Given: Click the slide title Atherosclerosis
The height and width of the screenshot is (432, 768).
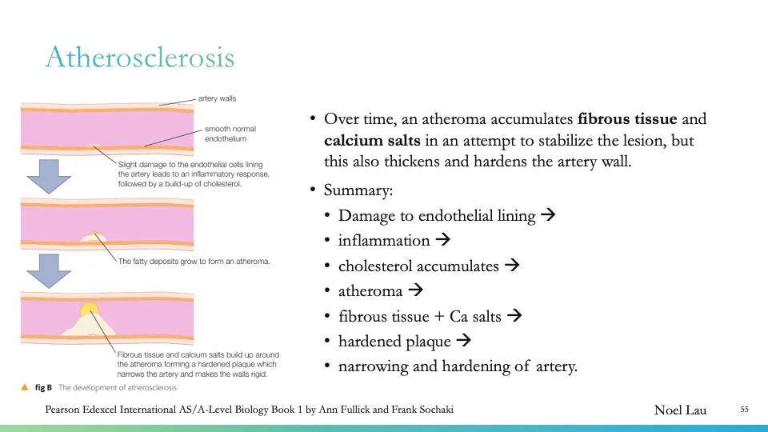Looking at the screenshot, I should pos(140,58).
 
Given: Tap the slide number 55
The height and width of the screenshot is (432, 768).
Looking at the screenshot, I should pos(744,410).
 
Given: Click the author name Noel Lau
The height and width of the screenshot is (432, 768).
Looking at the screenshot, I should pos(680,410).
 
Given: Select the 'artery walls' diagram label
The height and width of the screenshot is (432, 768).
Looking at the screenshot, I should pos(217,99).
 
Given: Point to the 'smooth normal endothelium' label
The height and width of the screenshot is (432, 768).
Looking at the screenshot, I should pos(230,134).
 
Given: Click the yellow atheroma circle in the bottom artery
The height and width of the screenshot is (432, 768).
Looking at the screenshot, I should pos(90,310).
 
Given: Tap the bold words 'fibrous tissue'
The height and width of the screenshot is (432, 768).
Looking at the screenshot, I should pos(627,120).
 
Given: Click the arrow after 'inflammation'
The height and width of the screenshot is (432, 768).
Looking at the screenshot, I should pos(444,240).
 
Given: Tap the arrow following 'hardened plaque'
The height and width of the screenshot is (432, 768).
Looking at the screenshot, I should pos(463,341).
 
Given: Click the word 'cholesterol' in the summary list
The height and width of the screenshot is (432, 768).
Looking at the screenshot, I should pos(378,266).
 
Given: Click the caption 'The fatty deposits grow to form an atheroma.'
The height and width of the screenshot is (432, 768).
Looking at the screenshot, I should pos(194,261).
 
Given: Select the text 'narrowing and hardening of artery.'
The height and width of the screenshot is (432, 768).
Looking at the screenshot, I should pos(458,366).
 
